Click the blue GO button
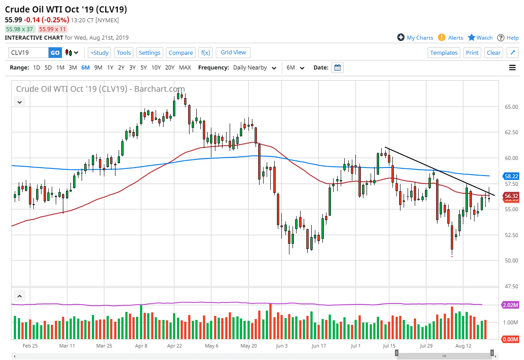(55, 53)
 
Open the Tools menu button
(124, 53)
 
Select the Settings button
(149, 53)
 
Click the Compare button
(181, 53)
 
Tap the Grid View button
(233, 53)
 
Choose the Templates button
(444, 53)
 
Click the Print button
(472, 53)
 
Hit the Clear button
(494, 53)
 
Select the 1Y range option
(110, 68)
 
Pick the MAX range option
(185, 68)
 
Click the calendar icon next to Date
(338, 68)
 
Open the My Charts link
(415, 38)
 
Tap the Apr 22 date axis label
(175, 345)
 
